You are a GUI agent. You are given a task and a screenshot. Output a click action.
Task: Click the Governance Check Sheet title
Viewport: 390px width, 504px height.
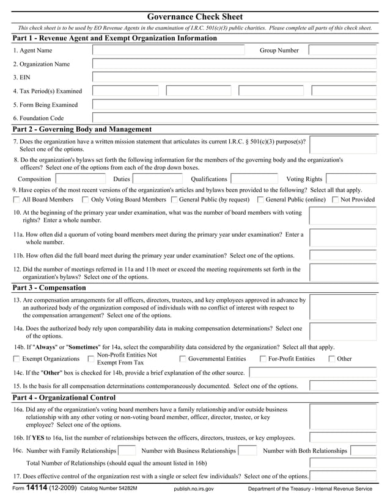(x=195, y=16)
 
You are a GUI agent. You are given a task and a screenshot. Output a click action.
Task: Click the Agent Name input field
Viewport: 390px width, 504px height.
(x=168, y=50)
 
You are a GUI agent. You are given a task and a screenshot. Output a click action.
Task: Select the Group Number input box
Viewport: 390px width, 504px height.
(x=342, y=50)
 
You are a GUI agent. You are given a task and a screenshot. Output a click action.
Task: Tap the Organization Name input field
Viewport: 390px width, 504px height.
(x=234, y=63)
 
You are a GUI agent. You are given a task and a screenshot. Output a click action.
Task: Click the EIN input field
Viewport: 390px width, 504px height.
(x=234, y=77)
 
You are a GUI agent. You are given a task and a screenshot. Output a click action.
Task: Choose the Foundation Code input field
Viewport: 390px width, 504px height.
(x=234, y=118)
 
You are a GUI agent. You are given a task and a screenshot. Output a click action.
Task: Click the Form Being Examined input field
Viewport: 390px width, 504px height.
(x=234, y=104)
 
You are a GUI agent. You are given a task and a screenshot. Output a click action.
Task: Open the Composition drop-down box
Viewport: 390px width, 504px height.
(x=80, y=179)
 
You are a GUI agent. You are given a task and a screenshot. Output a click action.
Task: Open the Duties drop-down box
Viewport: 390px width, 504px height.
(x=157, y=179)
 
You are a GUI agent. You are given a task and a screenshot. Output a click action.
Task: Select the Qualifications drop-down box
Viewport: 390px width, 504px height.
(x=254, y=179)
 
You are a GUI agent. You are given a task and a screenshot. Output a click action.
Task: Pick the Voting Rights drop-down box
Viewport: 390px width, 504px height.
(x=350, y=179)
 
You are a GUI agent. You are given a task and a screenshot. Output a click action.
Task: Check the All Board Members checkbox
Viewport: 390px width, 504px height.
(x=17, y=200)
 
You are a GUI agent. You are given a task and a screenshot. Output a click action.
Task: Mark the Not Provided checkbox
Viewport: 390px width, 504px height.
(x=335, y=200)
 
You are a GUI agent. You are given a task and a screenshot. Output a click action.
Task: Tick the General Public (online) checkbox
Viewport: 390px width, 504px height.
(x=261, y=200)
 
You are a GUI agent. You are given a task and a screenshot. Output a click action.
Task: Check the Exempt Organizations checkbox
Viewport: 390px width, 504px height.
(x=17, y=359)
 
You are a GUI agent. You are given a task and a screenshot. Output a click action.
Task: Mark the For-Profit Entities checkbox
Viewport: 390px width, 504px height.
(x=263, y=359)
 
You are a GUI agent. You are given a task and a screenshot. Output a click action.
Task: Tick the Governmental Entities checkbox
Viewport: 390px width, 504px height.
(x=183, y=359)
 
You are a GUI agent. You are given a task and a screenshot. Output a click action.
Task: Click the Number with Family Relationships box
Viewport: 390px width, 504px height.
(x=127, y=451)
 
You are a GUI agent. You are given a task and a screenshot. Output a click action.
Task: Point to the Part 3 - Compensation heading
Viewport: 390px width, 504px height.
(x=50, y=287)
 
